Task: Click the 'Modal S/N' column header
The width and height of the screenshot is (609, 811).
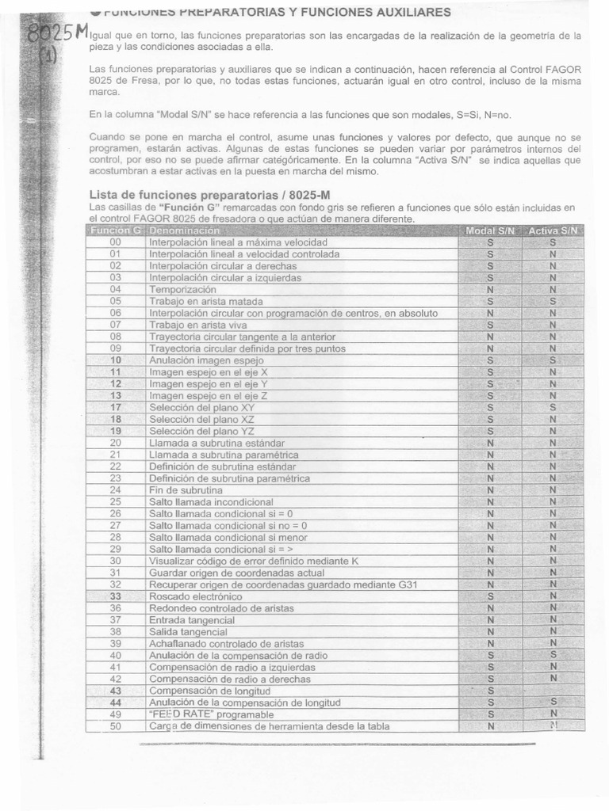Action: [490, 230]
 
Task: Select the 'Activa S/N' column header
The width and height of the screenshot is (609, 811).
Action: [554, 230]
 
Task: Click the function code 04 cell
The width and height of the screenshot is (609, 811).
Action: [117, 290]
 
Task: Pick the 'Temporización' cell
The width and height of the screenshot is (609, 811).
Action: [182, 290]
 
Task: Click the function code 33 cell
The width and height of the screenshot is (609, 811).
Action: [117, 596]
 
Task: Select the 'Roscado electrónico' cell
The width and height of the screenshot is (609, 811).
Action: [196, 596]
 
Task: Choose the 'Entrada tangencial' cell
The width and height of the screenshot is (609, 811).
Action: [189, 620]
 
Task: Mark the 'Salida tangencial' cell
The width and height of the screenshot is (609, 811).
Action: [188, 632]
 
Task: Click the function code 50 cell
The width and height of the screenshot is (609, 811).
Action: [117, 725]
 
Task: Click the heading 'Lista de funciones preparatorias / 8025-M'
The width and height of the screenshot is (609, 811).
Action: [201, 195]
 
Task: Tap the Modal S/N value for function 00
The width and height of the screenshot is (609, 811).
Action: [490, 242]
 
